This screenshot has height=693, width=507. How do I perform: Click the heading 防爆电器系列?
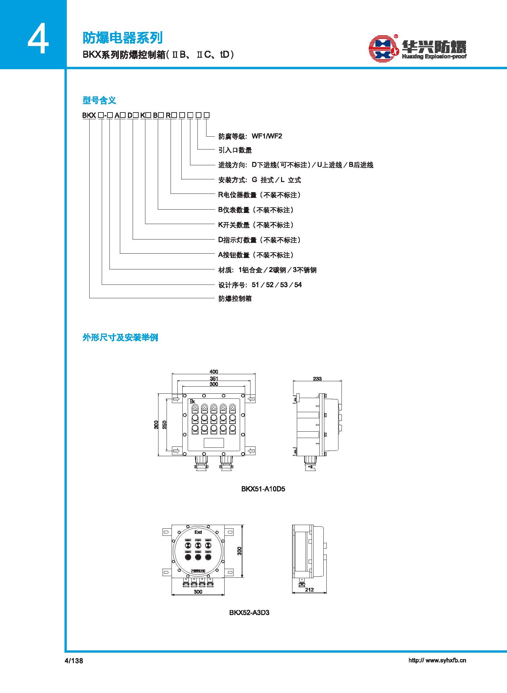123,38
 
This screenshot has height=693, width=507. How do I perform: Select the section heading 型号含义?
99,100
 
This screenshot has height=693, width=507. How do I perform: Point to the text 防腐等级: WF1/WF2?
250,136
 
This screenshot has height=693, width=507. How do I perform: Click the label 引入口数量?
235,150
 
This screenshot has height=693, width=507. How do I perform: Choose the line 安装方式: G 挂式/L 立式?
260,180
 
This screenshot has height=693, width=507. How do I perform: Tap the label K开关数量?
234,225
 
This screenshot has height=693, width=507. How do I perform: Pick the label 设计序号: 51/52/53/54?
260,285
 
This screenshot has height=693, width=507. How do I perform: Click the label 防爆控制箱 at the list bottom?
235,299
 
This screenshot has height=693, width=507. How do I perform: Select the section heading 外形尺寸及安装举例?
120,337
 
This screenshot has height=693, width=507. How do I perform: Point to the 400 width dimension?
214,372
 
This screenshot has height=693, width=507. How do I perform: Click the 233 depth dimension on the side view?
317,379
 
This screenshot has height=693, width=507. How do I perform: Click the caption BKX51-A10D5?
263,489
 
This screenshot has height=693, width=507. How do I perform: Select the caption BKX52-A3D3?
249,612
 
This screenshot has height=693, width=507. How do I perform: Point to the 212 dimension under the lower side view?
309,590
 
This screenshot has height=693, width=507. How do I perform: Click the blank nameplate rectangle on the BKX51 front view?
214,443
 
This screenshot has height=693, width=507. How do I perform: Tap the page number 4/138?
74,660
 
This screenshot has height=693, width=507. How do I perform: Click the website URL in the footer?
437,660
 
